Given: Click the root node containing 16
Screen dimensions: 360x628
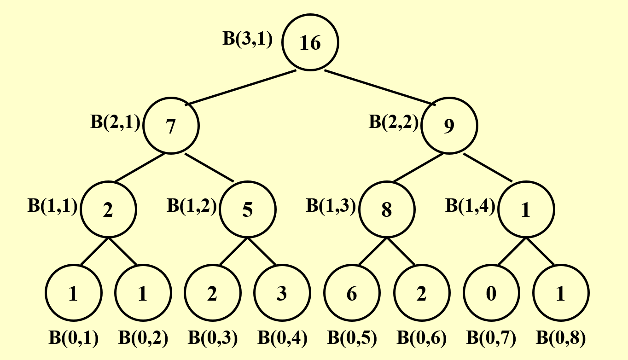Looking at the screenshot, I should tap(310, 43).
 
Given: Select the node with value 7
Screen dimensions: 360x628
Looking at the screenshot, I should tap(171, 126).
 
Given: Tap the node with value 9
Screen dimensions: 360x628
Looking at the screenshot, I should tap(449, 126).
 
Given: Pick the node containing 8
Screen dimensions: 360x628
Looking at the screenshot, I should tap(387, 209).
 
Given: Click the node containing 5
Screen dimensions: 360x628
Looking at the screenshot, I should tap(248, 209).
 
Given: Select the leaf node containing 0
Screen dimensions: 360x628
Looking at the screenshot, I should tap(491, 293).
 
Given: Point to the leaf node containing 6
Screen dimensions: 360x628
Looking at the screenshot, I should tap(352, 293).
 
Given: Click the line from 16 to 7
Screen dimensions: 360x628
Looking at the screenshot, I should tap(243, 87).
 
